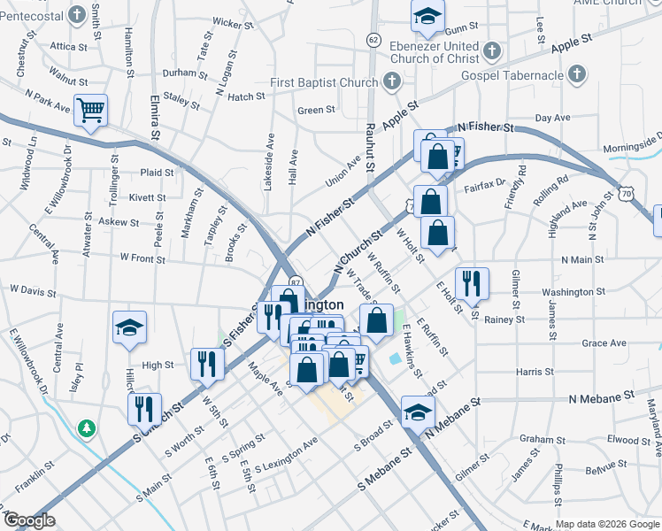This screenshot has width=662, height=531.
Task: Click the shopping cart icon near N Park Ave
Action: [x=90, y=111]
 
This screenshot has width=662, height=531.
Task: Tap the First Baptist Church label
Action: [x=324, y=83]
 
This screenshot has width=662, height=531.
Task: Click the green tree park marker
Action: [x=86, y=428]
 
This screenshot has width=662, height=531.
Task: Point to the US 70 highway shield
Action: [x=626, y=192]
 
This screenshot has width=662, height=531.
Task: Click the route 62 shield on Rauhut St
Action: [x=373, y=40]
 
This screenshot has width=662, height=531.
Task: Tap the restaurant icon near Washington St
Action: [x=471, y=282]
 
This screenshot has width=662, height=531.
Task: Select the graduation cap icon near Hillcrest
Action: [x=129, y=327]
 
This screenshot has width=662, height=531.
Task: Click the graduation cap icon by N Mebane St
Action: [x=418, y=412]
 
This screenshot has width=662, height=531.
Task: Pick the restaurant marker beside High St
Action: [x=207, y=363]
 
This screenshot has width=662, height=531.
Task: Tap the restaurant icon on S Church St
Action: [x=143, y=408]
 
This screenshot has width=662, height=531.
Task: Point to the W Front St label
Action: [x=143, y=259]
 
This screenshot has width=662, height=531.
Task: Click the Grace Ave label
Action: [x=604, y=343]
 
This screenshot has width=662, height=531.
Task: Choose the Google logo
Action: [x=29, y=520]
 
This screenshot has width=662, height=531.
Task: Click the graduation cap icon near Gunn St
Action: [x=427, y=15]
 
